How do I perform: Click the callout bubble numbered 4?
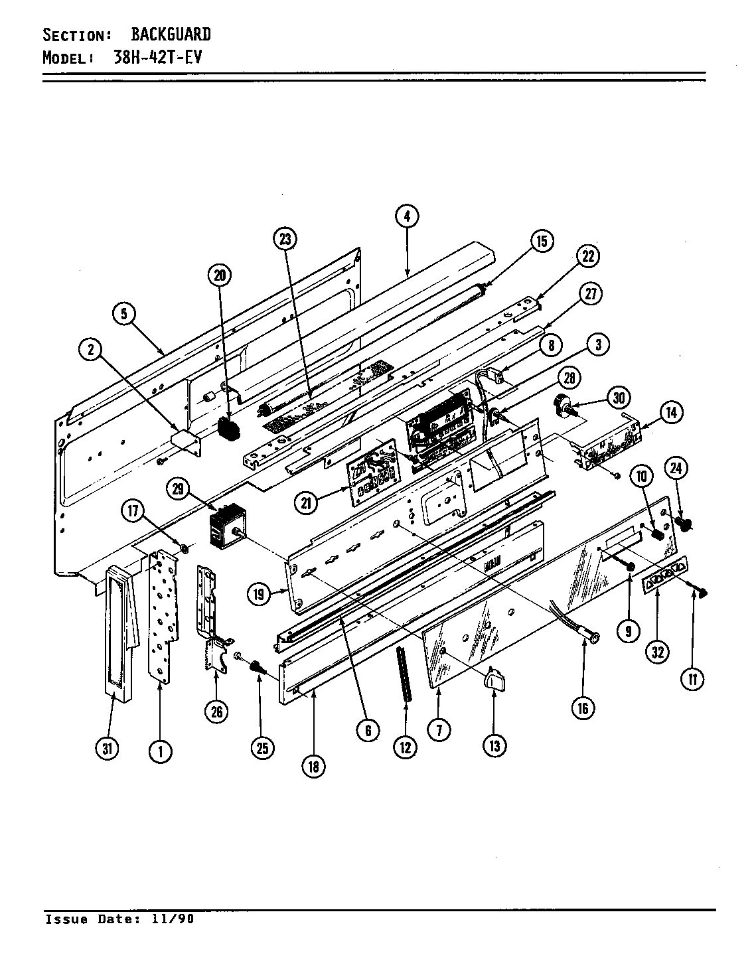(x=406, y=216)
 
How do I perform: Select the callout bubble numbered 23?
(x=285, y=240)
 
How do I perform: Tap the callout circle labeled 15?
(x=542, y=242)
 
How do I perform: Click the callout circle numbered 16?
(x=582, y=708)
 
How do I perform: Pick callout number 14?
(x=671, y=413)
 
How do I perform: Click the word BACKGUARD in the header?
(x=171, y=34)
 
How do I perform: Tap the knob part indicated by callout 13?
(x=494, y=679)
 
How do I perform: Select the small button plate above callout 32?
(x=664, y=573)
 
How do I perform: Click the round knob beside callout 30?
(x=564, y=403)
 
